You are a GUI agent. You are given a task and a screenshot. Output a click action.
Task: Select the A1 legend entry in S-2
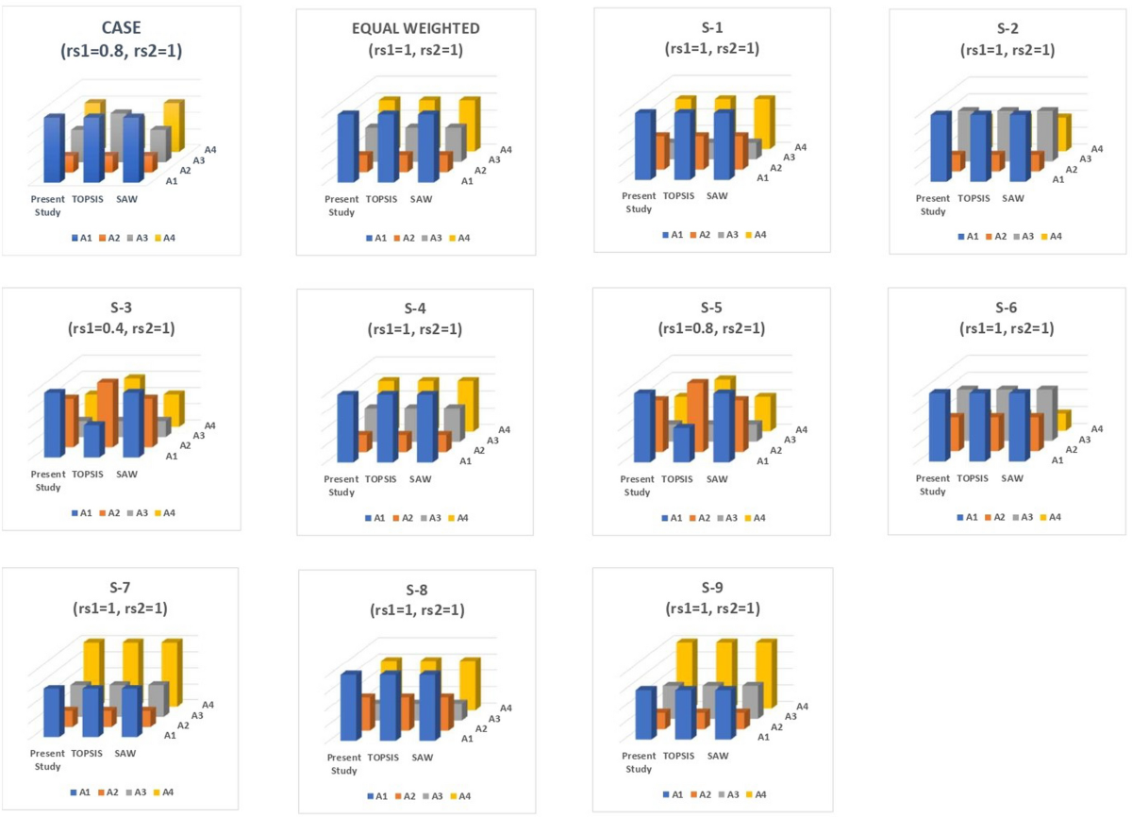coord(969,237)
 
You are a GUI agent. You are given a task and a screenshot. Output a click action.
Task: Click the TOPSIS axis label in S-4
coord(380,479)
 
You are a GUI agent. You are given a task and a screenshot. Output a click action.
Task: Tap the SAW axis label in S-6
coord(1012,478)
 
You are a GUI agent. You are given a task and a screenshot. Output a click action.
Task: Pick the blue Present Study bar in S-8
coord(349,707)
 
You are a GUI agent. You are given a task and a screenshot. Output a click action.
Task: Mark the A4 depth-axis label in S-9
coord(802,706)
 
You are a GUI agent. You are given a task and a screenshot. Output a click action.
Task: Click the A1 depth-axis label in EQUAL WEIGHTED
coord(466,180)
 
